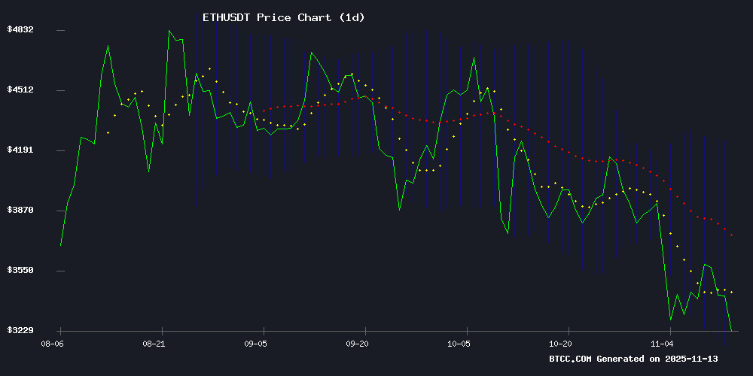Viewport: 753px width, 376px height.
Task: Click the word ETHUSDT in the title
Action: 227,17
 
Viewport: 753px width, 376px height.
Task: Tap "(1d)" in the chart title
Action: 349,17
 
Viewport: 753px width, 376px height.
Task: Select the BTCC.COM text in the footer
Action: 572,359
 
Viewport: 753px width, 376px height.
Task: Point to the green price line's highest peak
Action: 169,31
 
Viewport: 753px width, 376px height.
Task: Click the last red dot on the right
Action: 731,235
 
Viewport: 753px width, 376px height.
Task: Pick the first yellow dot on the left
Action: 108,132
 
